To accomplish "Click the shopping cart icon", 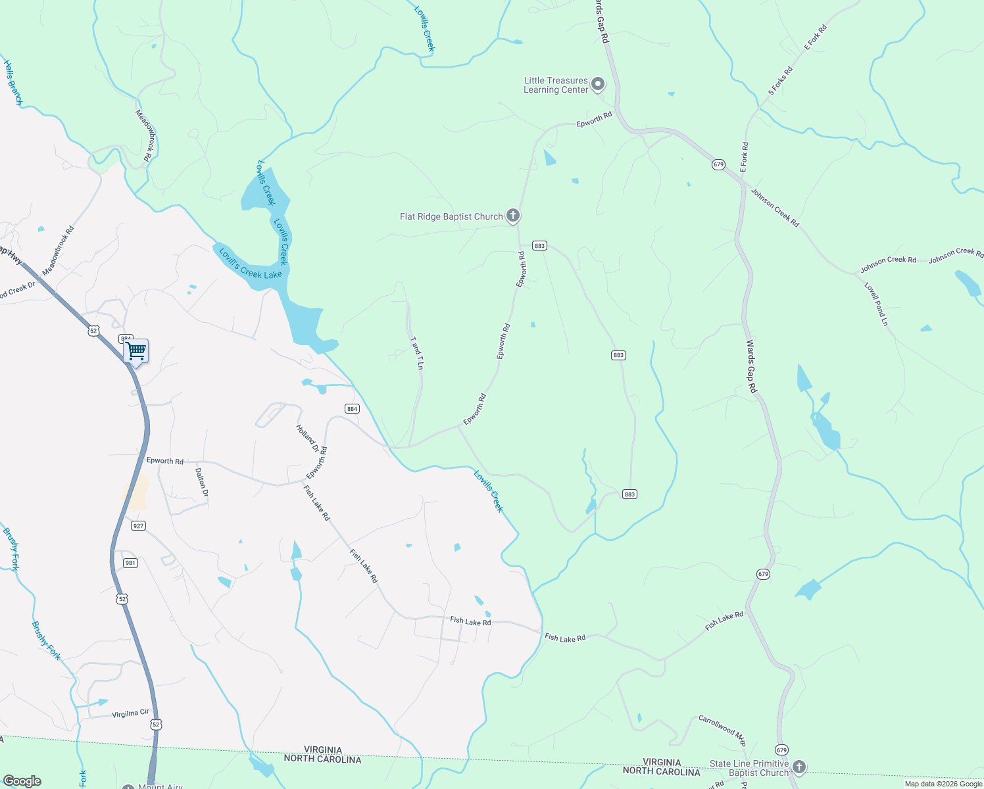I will [136, 351].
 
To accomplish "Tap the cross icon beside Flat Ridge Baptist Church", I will [513, 216].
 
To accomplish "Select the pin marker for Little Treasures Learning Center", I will [598, 84].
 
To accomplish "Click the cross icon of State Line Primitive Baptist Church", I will [799, 767].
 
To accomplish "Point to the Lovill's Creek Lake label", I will [250, 264].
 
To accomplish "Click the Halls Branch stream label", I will [12, 83].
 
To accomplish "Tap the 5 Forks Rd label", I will [781, 81].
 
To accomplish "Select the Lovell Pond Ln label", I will [876, 304].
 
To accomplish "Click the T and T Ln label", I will [416, 354].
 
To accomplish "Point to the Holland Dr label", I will [307, 439].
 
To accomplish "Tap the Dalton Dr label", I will [201, 482].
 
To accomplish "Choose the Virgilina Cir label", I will [131, 713].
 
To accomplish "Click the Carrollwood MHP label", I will [722, 730].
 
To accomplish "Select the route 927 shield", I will [138, 525].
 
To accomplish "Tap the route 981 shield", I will [131, 563].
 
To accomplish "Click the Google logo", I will [22, 781].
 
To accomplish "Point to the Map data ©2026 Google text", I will [943, 784].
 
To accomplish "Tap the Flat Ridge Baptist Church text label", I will [451, 216].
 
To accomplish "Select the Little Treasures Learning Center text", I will [556, 85].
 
